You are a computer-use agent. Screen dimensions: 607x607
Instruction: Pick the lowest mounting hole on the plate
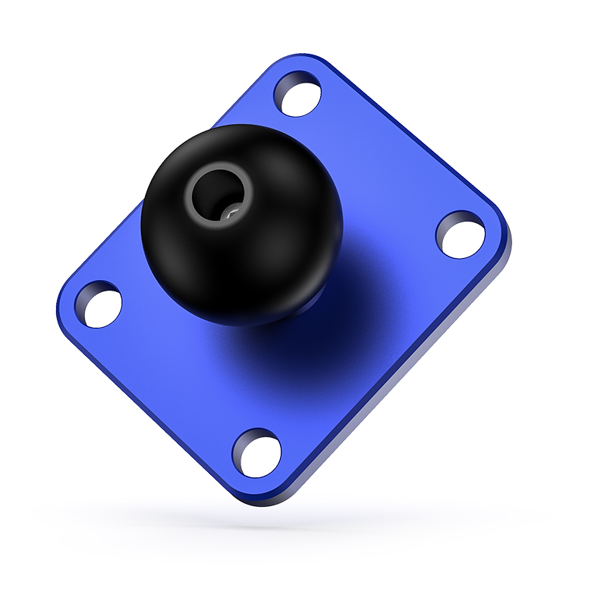(x=256, y=452)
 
